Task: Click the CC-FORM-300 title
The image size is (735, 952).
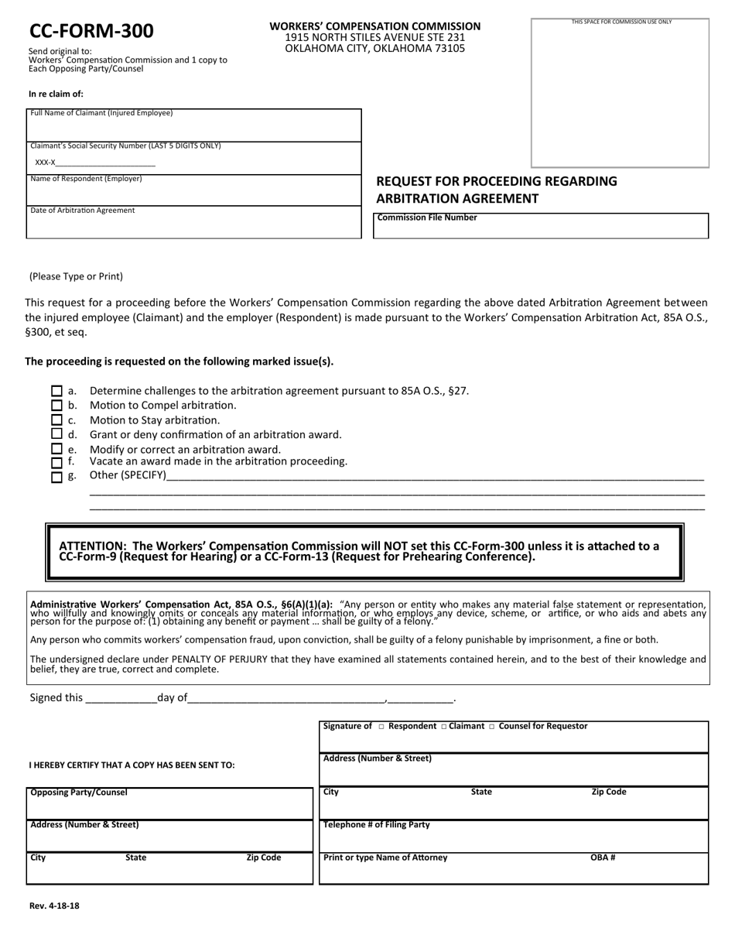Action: coord(91,31)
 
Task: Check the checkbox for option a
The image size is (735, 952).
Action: coord(56,391)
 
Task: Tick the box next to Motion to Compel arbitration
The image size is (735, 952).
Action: coord(56,406)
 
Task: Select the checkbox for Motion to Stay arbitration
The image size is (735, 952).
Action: coord(56,420)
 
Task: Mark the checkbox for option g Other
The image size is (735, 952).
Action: coord(56,477)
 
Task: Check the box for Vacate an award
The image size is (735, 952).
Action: coord(56,463)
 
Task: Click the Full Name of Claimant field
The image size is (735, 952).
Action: coord(193,128)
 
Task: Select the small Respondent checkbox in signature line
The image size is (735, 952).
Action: coord(381,727)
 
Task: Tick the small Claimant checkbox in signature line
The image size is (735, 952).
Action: coord(443,727)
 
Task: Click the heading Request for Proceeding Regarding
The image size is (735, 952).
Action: coord(496,181)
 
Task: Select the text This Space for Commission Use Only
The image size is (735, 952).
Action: coord(621,22)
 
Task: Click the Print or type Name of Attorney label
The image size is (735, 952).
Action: coord(385,858)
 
